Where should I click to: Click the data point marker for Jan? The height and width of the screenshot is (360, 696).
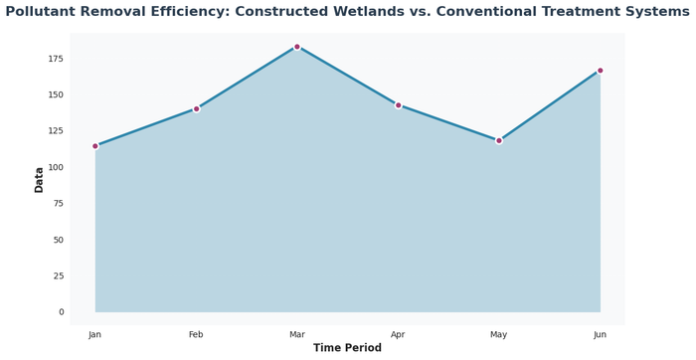point(95,146)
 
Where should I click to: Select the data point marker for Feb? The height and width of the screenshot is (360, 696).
point(196,109)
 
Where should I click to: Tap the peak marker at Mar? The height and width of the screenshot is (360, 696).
point(297,47)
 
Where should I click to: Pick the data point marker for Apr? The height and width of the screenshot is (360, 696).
point(398,105)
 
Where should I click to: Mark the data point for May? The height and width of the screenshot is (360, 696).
point(499,141)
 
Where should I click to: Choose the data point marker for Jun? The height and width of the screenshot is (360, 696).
point(600,71)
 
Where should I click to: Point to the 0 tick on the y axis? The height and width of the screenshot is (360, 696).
point(61,312)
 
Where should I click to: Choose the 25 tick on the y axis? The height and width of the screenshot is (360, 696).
point(57,276)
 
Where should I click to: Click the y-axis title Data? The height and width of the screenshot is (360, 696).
point(39,180)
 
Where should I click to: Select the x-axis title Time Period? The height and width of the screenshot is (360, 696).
point(347,348)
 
